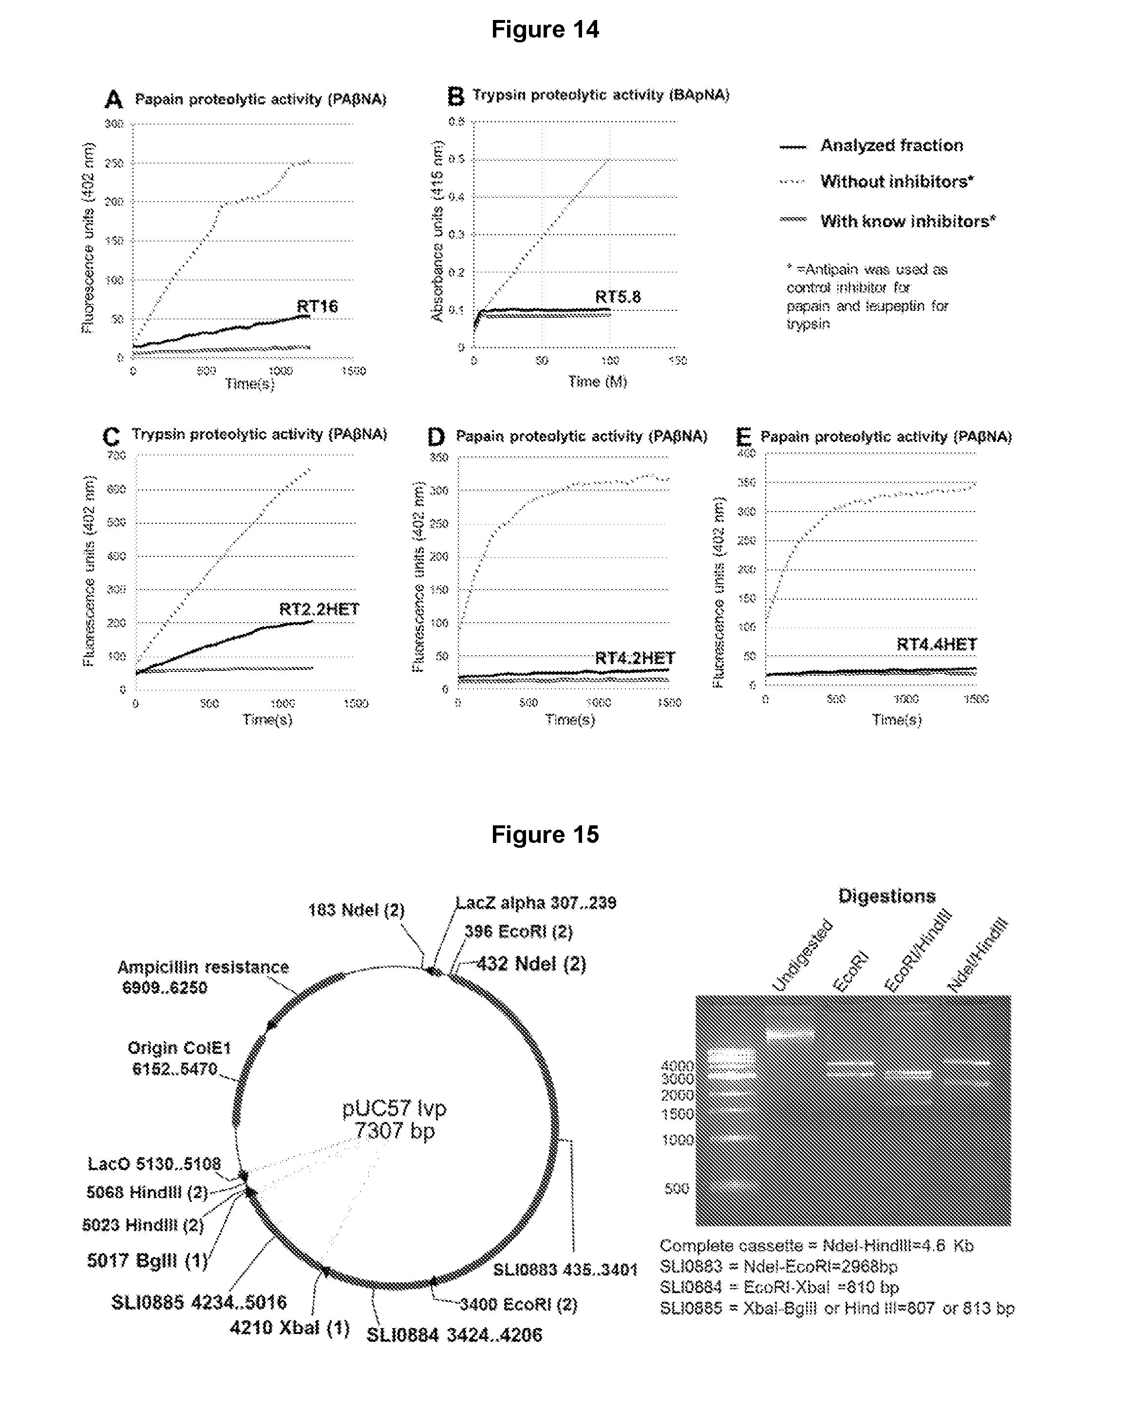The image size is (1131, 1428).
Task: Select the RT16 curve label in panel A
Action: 317,306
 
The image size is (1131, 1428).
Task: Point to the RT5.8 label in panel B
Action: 618,297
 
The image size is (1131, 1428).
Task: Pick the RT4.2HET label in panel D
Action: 634,658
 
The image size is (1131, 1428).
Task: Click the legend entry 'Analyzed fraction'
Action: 891,146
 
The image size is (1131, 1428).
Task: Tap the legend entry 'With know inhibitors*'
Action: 908,221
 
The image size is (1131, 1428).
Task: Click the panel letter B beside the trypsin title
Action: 455,96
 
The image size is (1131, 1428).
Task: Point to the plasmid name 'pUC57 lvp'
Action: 394,1108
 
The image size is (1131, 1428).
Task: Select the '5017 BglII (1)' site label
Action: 147,1260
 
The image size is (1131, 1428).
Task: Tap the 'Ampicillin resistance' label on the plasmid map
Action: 203,967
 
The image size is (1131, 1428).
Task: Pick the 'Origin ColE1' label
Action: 179,1048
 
